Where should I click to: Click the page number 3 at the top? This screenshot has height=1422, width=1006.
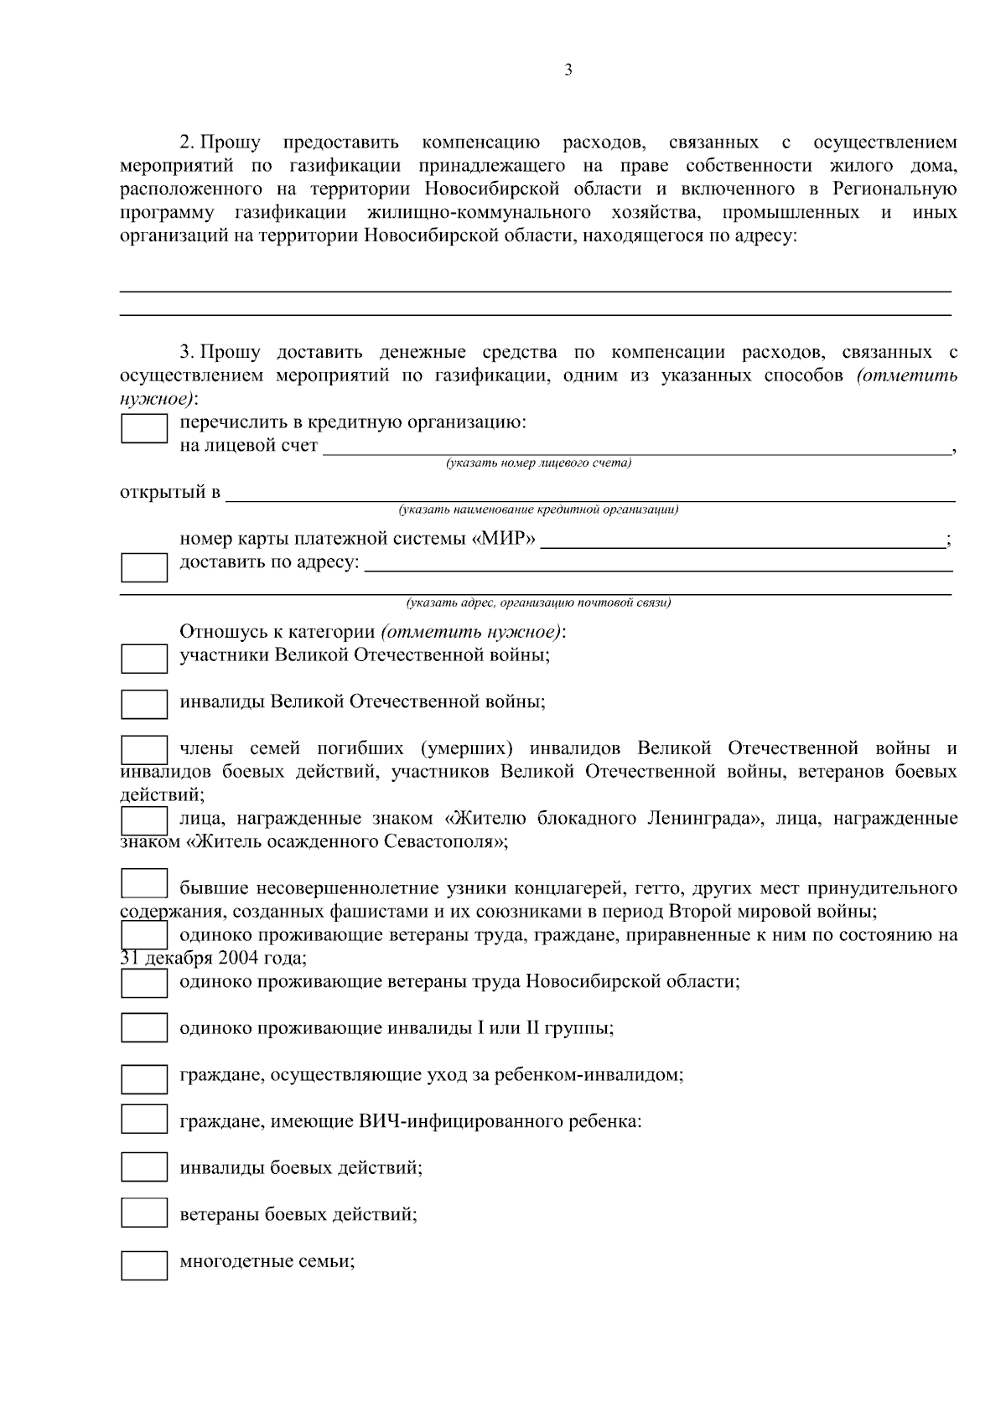pos(568,71)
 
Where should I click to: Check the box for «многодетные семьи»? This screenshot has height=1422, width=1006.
pos(144,1265)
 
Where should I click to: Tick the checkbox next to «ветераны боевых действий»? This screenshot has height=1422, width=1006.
pos(144,1213)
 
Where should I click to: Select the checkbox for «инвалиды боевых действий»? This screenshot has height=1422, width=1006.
pos(144,1167)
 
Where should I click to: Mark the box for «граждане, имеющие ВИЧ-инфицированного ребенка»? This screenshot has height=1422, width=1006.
pos(144,1120)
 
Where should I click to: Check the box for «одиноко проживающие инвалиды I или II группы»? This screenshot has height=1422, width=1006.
pos(144,1028)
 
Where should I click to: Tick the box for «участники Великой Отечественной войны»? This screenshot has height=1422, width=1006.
pos(144,659)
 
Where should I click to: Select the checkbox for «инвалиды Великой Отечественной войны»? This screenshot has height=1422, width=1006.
pos(144,704)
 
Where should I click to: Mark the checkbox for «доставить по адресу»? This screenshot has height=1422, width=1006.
pos(144,567)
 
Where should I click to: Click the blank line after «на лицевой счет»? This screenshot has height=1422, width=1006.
pos(637,447)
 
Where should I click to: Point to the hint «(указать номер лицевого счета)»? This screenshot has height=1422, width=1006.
pos(538,463)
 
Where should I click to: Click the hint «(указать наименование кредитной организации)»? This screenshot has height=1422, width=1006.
pos(538,509)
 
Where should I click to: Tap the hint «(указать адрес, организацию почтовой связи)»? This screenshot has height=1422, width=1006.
pos(538,602)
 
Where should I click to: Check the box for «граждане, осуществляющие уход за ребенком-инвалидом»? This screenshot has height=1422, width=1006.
pos(144,1079)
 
